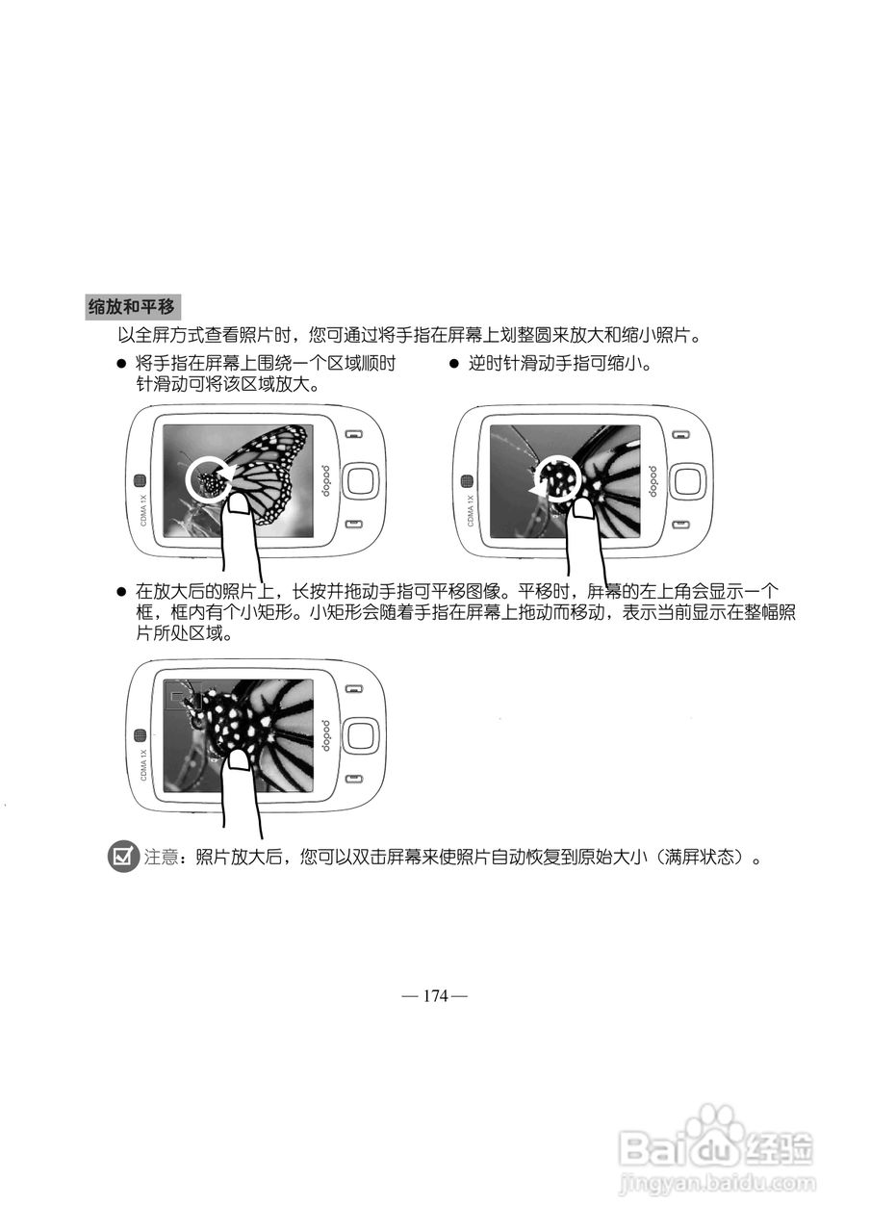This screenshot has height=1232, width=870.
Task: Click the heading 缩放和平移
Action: pos(131,308)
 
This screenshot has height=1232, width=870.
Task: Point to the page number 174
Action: pos(435,996)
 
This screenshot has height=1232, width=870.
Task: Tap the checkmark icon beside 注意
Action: pos(123,856)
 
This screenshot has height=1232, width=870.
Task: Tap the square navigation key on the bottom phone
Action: pos(360,735)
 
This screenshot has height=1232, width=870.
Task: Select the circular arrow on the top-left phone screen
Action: pos(210,478)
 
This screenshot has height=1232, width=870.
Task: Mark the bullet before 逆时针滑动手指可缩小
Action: pos(455,365)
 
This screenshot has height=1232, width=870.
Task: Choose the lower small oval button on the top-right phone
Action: pos(679,525)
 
